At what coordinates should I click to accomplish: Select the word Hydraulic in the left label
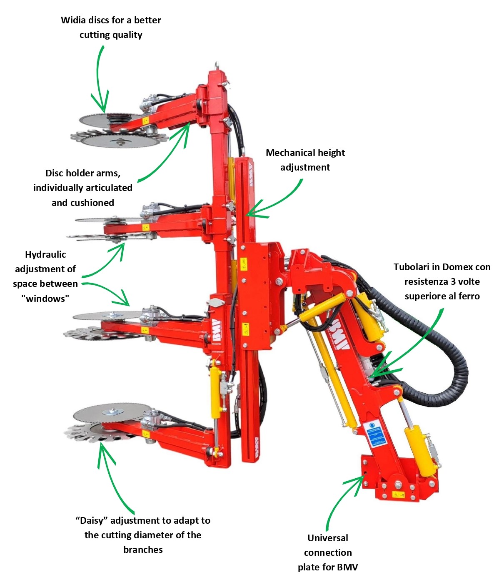(x=45, y=255)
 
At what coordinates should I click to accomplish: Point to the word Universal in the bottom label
(x=327, y=538)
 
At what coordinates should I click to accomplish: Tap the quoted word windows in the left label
(x=45, y=299)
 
